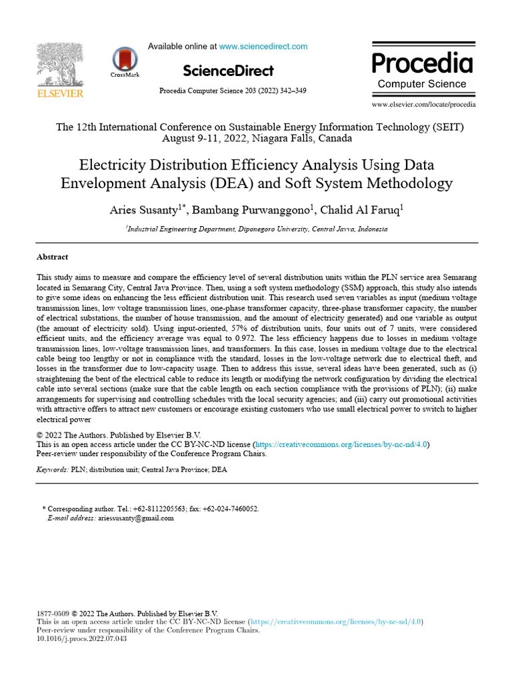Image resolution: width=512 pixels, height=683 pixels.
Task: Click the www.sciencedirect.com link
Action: click(x=263, y=47)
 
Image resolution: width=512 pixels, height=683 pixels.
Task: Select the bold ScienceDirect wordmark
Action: click(x=227, y=71)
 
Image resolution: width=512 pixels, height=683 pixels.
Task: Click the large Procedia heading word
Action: click(x=421, y=63)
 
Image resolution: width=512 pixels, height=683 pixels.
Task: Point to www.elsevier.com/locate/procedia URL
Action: click(x=423, y=105)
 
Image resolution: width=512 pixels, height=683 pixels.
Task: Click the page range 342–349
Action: click(x=292, y=91)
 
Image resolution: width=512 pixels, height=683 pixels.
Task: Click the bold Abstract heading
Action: click(x=52, y=257)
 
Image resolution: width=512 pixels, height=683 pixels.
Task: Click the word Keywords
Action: click(x=51, y=470)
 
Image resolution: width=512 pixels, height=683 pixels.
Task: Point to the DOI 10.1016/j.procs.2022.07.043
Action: click(x=81, y=638)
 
